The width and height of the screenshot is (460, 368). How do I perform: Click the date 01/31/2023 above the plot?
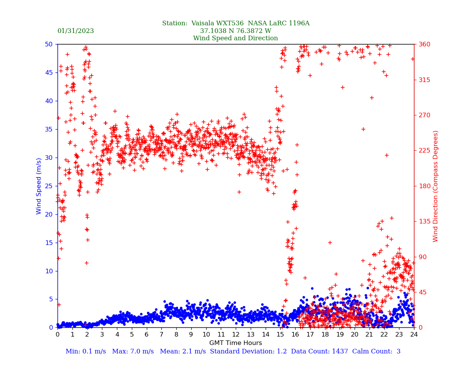[x=76, y=31]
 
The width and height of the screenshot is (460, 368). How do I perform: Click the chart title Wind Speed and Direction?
[x=235, y=38]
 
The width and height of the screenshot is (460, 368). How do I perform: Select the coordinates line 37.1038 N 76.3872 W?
[x=235, y=31]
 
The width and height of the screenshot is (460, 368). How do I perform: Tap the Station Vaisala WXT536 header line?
[x=235, y=23]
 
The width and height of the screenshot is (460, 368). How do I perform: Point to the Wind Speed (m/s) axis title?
[x=39, y=186]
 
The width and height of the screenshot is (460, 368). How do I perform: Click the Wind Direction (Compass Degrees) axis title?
[x=436, y=186]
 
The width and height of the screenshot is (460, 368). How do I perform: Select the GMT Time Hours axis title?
[x=235, y=343]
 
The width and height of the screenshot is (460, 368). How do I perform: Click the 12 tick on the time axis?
[x=236, y=335]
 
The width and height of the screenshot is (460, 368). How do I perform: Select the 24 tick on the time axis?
[x=414, y=335]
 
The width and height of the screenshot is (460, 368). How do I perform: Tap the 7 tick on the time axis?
[x=161, y=335]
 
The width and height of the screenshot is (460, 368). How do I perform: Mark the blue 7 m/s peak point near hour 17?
[x=312, y=288]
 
